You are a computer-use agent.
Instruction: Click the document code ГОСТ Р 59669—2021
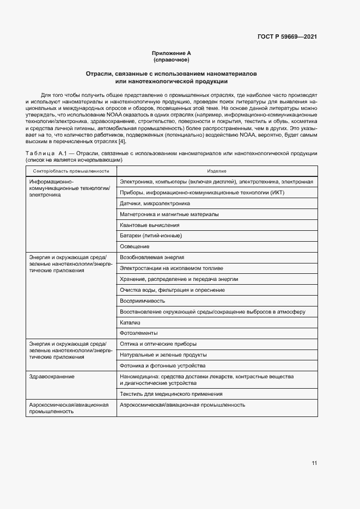pyautogui.click(x=287, y=37)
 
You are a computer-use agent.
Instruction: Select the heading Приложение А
pyautogui.click(x=171, y=53)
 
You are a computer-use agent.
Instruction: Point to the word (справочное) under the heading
pyautogui.click(x=171, y=59)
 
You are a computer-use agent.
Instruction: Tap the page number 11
pyautogui.click(x=314, y=463)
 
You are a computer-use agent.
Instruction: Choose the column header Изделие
pyautogui.click(x=216, y=171)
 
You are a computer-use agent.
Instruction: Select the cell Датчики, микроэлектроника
pyautogui.click(x=155, y=203)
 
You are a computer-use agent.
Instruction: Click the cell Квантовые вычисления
pyautogui.click(x=149, y=225)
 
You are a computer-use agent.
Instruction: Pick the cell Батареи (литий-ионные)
pyautogui.click(x=150, y=236)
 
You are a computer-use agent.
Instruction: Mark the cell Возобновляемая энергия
pyautogui.click(x=152, y=257)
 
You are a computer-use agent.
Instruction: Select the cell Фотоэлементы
pyautogui.click(x=138, y=333)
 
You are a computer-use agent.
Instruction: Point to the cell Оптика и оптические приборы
pyautogui.click(x=158, y=344)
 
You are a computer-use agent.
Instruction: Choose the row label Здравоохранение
pyautogui.click(x=52, y=376)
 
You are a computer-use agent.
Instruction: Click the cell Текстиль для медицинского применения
pyautogui.click(x=170, y=394)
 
